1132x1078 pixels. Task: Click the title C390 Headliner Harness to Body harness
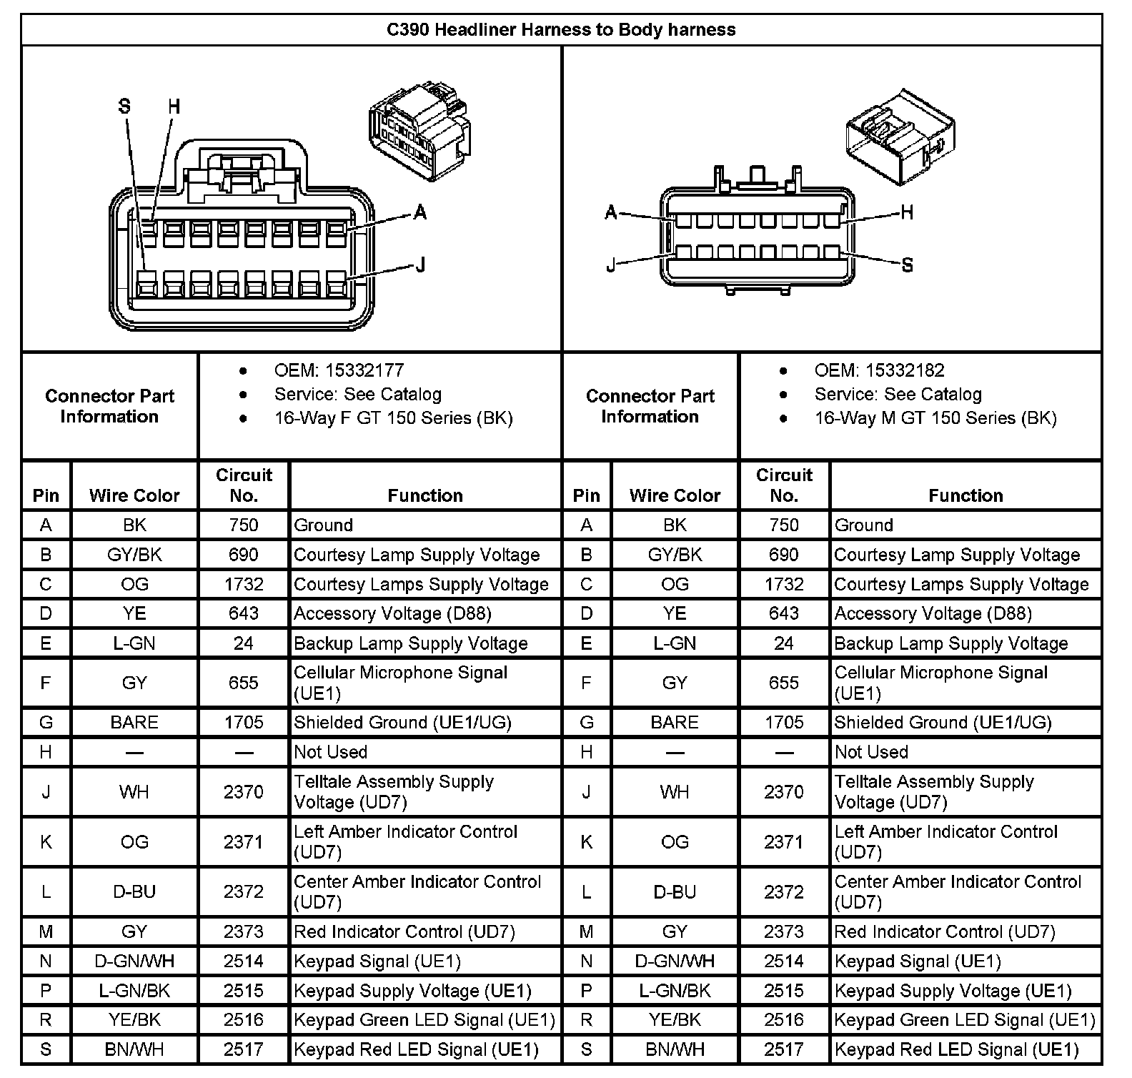pos(561,30)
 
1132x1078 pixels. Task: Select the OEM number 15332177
pos(364,370)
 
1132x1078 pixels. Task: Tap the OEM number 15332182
pos(905,370)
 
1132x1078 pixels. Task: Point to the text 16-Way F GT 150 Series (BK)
pos(394,418)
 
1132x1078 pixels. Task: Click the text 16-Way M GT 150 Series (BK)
pos(935,418)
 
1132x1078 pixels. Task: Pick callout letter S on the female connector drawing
pos(125,107)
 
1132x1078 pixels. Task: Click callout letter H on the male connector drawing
pos(907,212)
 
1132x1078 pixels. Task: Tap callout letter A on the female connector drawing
pos(420,212)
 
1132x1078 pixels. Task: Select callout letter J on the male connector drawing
pos(611,265)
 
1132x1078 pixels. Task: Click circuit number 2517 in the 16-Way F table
pos(244,1049)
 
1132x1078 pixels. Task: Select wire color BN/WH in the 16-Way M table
pos(675,1049)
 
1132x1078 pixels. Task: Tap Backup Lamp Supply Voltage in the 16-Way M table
pos(951,643)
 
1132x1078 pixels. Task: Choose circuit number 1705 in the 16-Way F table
pos(244,722)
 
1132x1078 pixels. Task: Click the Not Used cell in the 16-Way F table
pos(331,752)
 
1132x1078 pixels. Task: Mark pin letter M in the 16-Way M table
pos(587,931)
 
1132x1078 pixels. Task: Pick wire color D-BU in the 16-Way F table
pos(134,891)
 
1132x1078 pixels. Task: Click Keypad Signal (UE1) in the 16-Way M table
pos(918,961)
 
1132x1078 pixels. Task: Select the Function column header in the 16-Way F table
pos(425,495)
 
